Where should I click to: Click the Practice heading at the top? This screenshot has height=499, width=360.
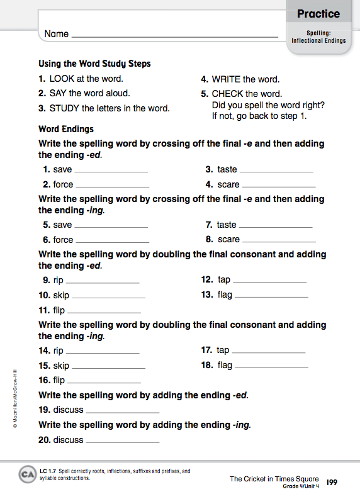tap(318, 14)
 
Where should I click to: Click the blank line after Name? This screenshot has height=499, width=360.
tap(175, 36)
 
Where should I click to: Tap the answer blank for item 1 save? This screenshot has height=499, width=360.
tap(111, 171)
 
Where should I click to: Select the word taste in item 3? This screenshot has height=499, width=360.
tap(227, 169)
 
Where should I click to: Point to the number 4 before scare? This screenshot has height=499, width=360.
tap(209, 184)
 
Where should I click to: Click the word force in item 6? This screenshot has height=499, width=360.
tap(63, 240)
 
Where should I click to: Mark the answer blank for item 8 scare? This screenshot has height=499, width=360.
tap(278, 241)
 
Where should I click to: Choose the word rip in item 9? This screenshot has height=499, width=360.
tap(59, 280)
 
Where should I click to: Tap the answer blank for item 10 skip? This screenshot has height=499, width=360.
tap(108, 297)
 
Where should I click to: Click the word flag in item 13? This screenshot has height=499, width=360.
tap(225, 294)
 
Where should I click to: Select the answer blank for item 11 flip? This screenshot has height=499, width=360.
tap(104, 312)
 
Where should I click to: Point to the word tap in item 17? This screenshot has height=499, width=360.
tap(223, 350)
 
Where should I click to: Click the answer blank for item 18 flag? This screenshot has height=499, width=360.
tap(271, 367)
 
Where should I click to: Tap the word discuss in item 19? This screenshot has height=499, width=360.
tap(68, 410)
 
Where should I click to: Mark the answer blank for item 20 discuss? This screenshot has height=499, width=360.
tap(122, 442)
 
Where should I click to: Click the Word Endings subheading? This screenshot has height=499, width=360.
tap(66, 129)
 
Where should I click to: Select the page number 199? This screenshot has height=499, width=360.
tap(333, 483)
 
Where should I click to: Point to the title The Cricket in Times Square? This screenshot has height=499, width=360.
tap(274, 479)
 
